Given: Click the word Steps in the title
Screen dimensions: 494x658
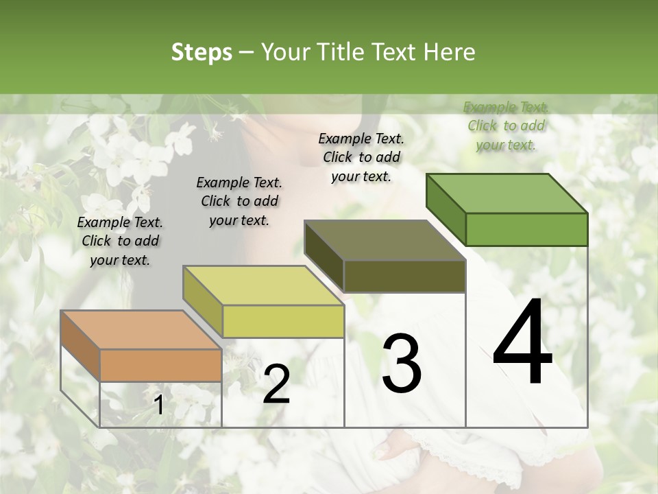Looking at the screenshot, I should point(202,52).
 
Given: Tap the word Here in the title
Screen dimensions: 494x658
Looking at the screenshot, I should point(449,52).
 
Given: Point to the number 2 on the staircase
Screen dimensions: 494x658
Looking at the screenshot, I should point(276,384).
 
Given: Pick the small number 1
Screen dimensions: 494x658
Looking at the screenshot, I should point(158,405).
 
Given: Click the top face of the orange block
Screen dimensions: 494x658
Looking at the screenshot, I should point(141,330).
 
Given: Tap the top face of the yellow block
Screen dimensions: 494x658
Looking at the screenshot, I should point(263,285).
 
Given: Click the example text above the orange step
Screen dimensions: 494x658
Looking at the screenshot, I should point(120,241).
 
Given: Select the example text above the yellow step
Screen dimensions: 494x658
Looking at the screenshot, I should point(239,201).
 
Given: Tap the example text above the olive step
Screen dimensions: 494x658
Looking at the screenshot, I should point(361,157).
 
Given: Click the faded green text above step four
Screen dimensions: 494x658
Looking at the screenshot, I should point(506,126).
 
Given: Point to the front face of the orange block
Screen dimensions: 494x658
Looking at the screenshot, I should point(160,365).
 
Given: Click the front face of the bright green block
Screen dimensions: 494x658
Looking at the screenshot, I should point(526,229).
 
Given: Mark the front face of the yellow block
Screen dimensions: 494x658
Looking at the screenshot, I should point(283,321).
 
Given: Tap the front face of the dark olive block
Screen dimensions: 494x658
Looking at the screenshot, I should point(404,276).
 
